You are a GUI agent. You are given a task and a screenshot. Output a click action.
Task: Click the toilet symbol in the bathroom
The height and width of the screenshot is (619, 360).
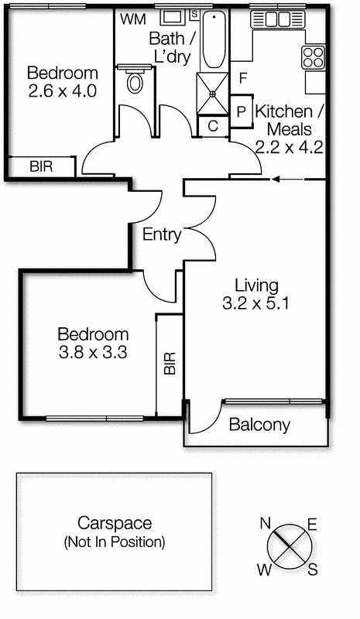tap(135, 81)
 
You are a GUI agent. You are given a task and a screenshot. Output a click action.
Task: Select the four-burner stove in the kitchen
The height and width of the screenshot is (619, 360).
tap(314, 56)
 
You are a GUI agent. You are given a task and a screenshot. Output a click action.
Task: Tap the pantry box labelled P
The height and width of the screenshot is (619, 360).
tap(241, 111)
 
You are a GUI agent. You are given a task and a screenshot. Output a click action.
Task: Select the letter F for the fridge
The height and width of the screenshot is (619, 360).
tap(242, 78)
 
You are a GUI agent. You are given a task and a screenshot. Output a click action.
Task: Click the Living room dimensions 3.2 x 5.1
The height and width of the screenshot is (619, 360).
tap(255, 304)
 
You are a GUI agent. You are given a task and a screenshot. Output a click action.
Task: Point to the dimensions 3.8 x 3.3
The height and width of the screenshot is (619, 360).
tap(93, 353)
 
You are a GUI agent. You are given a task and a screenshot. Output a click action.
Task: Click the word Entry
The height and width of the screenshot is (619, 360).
tap(163, 235)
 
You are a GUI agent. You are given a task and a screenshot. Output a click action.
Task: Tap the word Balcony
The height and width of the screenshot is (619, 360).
tap(260, 425)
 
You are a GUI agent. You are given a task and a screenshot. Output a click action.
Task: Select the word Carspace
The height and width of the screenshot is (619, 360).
tap(114, 524)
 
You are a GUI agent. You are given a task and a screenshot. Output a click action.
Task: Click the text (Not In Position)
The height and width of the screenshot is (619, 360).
tap(114, 542)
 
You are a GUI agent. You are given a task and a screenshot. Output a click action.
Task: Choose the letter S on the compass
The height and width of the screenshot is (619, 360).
tap(313, 570)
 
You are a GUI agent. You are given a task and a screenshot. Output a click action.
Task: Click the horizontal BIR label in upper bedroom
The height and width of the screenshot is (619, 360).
tap(41, 166)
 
